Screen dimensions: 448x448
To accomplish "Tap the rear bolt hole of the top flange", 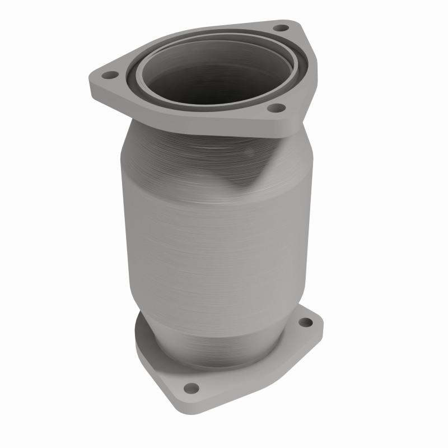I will [x=282, y=27].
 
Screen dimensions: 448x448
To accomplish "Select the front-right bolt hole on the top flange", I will [x=274, y=109].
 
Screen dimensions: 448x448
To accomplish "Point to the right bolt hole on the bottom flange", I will [x=305, y=323].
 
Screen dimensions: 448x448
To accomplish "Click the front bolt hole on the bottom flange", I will [x=191, y=387].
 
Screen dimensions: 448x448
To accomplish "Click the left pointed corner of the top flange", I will [x=91, y=78].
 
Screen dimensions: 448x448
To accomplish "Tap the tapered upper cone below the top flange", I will [x=168, y=151].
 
